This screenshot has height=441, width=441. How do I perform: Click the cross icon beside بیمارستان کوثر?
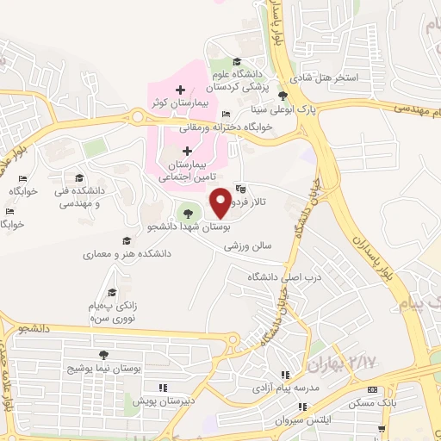(x=179, y=90)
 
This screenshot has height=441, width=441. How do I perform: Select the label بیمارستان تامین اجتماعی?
(x=186, y=169)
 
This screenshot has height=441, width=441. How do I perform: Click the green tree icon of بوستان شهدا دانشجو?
(x=185, y=213)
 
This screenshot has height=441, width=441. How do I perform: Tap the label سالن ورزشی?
(x=248, y=245)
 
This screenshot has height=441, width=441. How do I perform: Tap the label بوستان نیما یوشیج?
(x=104, y=368)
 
